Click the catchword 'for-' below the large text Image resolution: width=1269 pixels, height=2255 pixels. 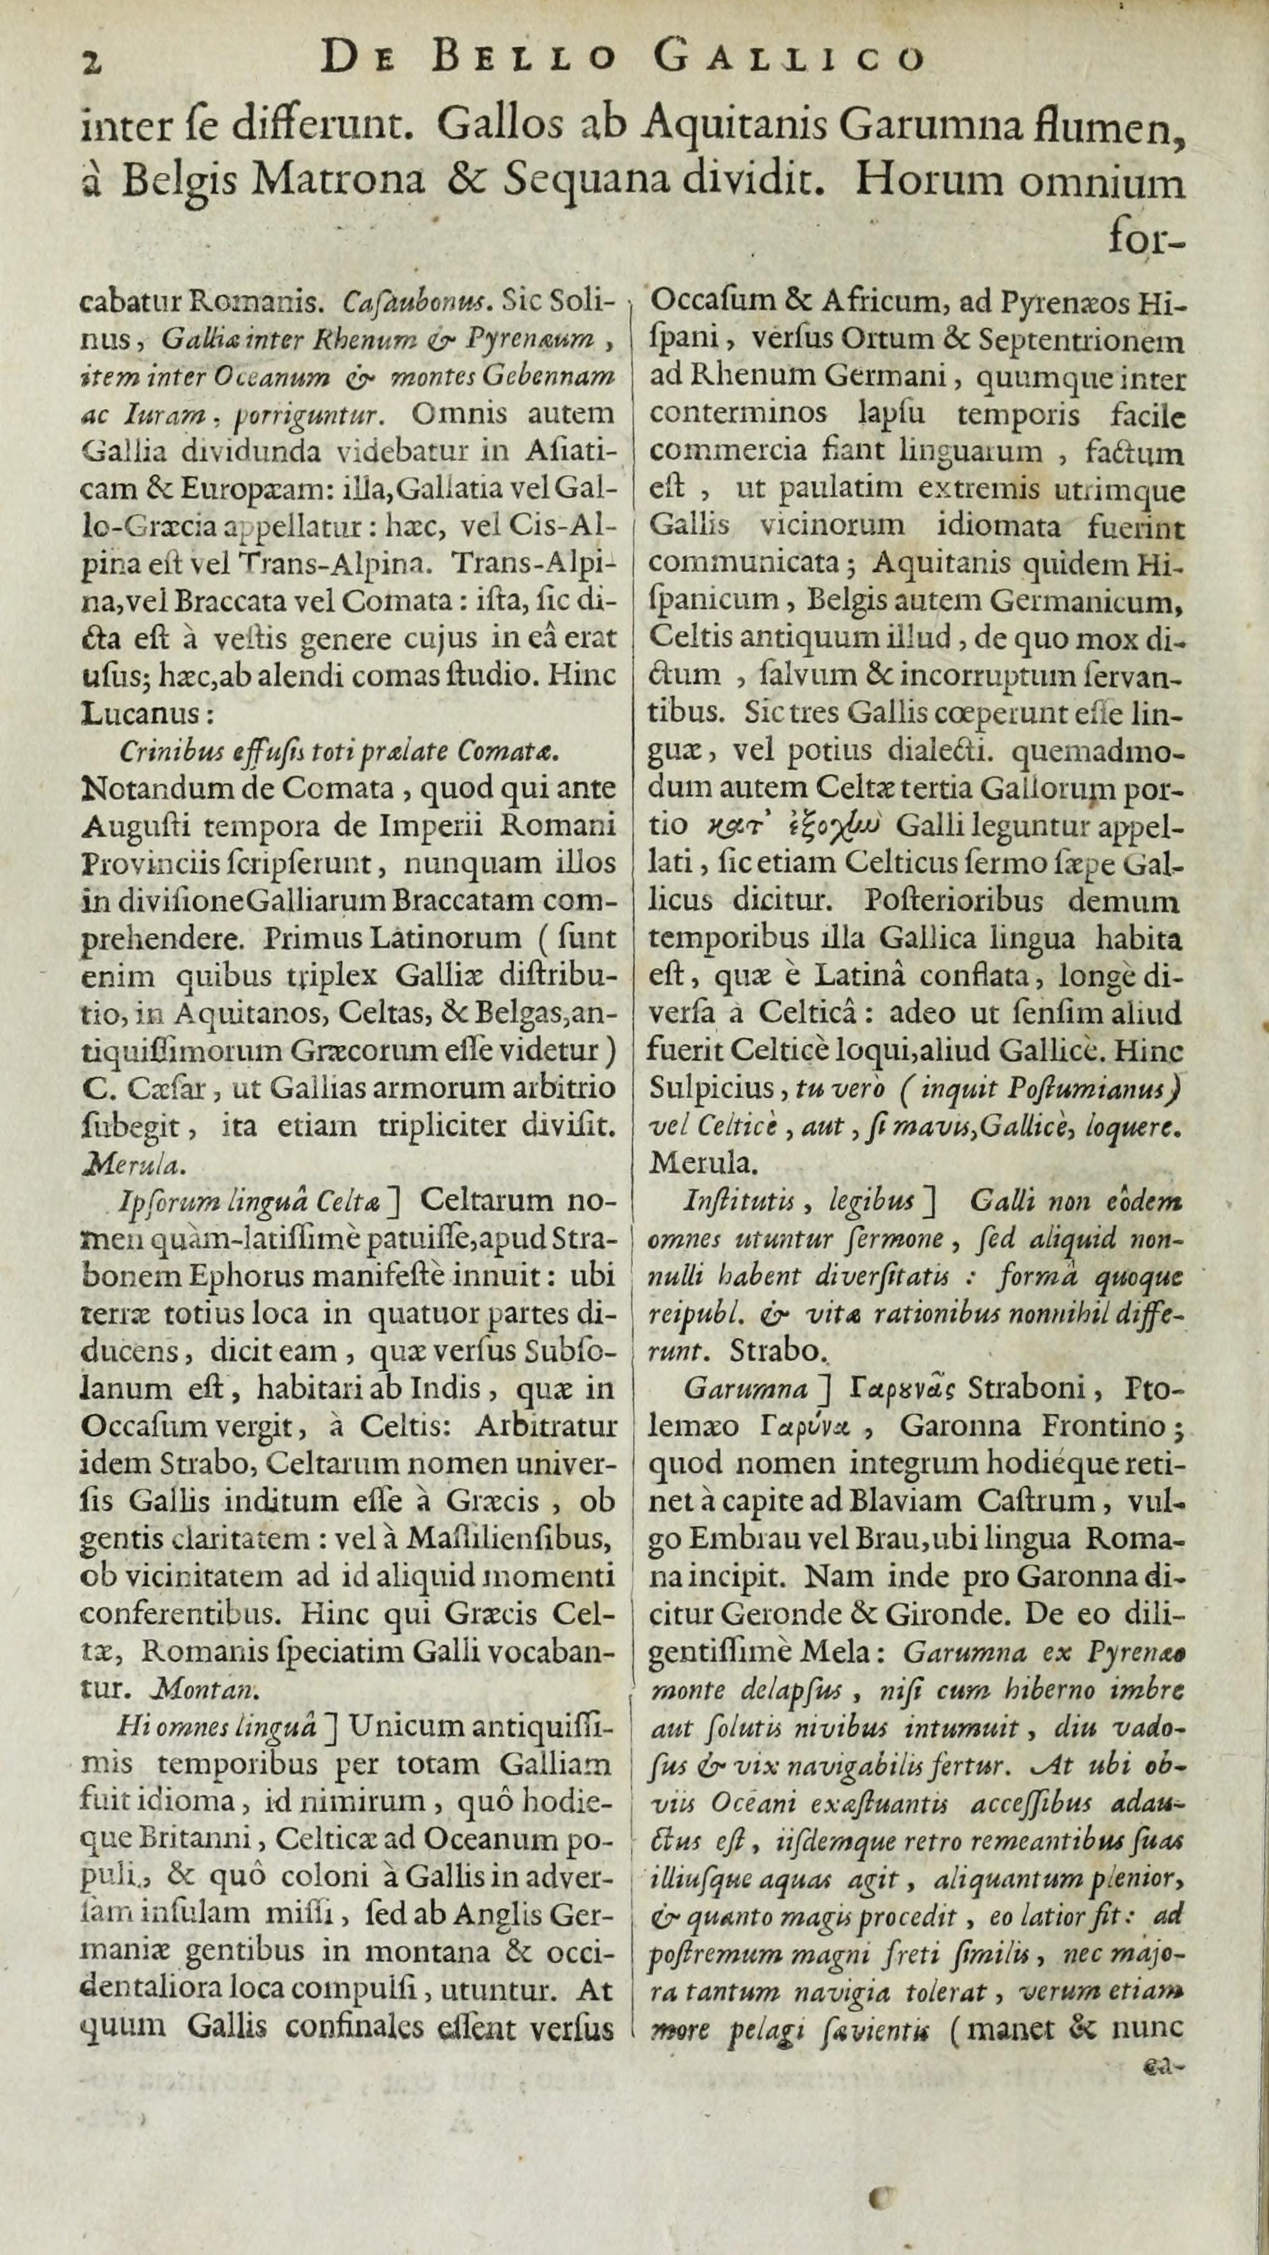coord(1149,239)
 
